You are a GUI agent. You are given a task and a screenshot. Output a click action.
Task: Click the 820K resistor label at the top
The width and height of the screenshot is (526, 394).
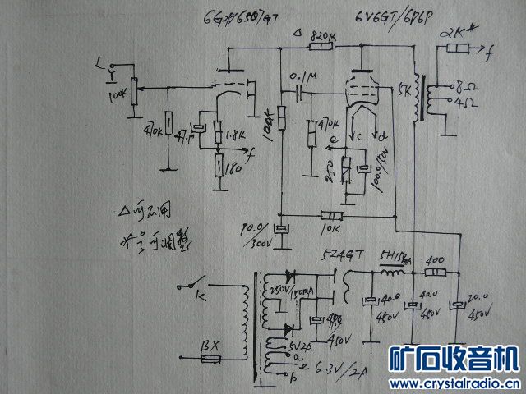(x=322, y=37)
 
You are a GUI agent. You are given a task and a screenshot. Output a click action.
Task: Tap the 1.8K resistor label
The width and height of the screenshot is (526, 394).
(x=233, y=134)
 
